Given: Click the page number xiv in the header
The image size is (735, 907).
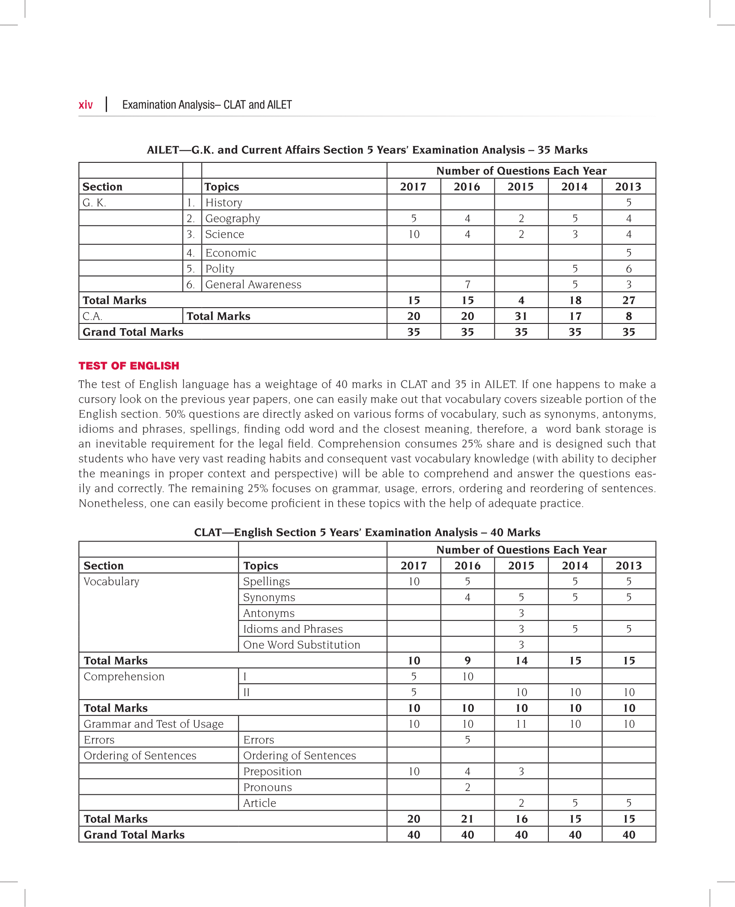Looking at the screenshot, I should [86, 105].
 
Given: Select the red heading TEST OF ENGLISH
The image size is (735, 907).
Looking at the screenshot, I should [129, 365].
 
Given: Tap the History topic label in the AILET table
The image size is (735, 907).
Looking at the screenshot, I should [223, 203].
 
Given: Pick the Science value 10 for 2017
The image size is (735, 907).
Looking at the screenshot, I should [414, 234].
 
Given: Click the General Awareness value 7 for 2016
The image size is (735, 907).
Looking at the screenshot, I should [467, 284].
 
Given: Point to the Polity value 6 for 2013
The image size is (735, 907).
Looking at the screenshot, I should [628, 269].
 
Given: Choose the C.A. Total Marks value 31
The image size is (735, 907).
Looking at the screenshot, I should [521, 316].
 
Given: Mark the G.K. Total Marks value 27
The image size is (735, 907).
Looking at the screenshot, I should [628, 300].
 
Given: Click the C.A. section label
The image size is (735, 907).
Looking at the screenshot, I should [92, 316].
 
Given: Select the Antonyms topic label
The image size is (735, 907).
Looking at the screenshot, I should [269, 613].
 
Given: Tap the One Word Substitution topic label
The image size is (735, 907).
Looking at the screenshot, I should [301, 645].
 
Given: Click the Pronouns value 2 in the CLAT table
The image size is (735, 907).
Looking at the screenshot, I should [467, 787].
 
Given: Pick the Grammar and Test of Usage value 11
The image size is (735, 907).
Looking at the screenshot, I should [521, 724].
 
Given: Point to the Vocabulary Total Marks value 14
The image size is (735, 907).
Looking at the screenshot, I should [521, 661].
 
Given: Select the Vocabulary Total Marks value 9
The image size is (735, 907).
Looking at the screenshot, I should [467, 661].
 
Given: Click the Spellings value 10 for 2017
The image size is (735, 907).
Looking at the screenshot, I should [414, 581].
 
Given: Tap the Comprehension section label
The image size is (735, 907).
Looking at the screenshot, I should [124, 677].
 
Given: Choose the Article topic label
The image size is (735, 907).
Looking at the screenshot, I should [259, 803].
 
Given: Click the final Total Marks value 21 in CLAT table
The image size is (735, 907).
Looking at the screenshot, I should [467, 819].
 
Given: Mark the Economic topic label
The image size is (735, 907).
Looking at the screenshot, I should [230, 253].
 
